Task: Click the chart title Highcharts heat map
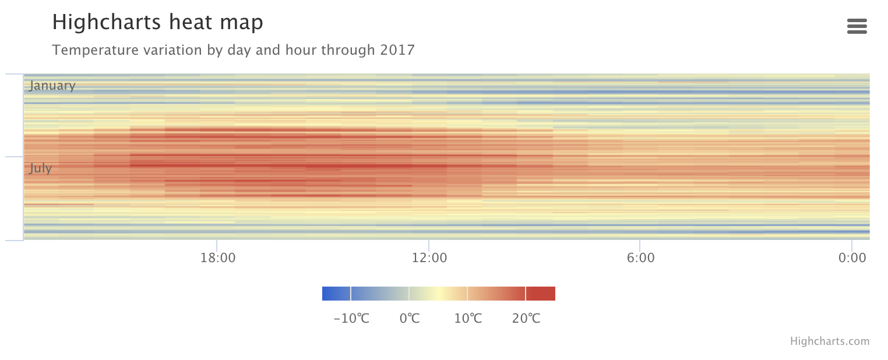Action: point(157,23)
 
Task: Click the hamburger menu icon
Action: point(857,26)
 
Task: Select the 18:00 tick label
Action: point(217,257)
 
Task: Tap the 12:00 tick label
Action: point(429,257)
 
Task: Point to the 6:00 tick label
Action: point(640,257)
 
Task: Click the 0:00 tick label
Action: point(852,257)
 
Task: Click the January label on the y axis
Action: point(52,86)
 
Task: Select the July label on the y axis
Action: point(41,168)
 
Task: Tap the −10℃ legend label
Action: point(351,319)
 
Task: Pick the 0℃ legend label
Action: point(410,319)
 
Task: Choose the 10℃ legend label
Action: point(468,319)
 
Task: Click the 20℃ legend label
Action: point(526,319)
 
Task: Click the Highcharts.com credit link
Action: point(830,341)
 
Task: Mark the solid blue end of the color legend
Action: point(336,294)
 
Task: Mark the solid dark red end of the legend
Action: point(541,294)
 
